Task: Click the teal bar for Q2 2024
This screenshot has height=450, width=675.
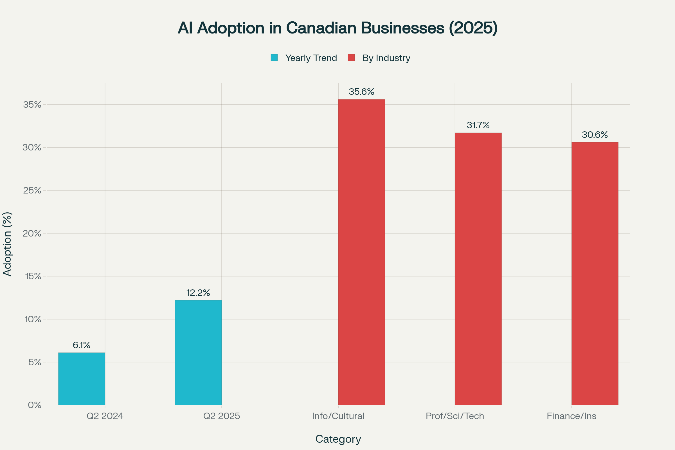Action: tap(82, 379)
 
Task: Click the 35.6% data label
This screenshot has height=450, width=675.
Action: tap(361, 92)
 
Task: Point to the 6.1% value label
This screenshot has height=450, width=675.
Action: tap(82, 345)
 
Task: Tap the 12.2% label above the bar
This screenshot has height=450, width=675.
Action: tap(198, 293)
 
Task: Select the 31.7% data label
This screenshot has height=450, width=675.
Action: tap(478, 125)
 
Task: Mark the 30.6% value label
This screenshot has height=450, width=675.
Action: tap(595, 135)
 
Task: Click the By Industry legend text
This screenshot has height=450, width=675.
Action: tap(386, 58)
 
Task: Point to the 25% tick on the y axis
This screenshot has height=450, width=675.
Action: tap(32, 190)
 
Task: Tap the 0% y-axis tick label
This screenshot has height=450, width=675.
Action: tap(34, 405)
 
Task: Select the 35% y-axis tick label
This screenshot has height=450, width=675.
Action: tap(32, 104)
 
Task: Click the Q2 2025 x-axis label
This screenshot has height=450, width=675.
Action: tap(222, 416)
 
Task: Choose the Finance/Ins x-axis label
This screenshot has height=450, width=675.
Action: tap(571, 416)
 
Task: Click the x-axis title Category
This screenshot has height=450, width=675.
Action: tap(338, 439)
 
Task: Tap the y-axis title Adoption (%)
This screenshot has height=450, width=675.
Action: tap(7, 244)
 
